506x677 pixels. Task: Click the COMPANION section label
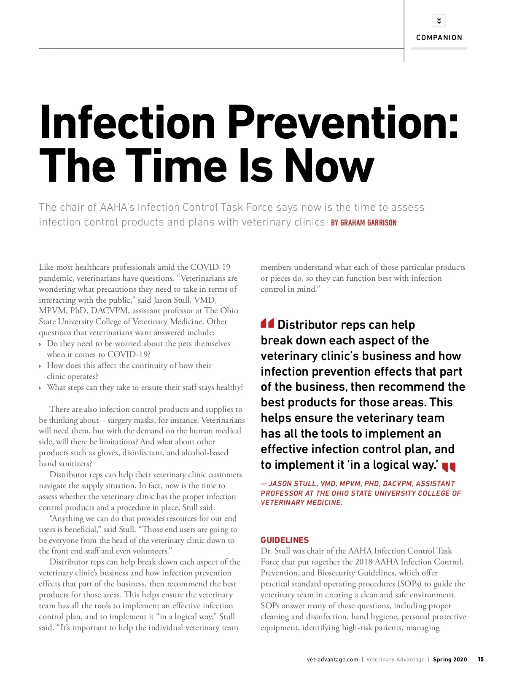pos(439,38)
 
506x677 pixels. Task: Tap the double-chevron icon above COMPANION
pos(439,21)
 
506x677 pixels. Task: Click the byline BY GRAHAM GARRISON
pos(363,223)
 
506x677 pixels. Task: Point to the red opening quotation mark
pos(267,324)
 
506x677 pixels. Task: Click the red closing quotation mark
pos(449,467)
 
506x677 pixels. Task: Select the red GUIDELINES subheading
pos(285,540)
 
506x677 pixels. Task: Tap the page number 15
pos(481,659)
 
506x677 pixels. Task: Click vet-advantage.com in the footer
pos(332,660)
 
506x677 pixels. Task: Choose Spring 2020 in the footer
pos(450,660)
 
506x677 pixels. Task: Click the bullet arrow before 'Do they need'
pos(40,344)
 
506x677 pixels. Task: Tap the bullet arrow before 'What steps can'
pos(40,388)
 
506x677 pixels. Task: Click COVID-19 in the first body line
pos(210,267)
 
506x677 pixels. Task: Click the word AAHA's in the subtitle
pos(117,207)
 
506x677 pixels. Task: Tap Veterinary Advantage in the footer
pos(395,660)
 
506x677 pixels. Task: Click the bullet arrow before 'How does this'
pos(40,366)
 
